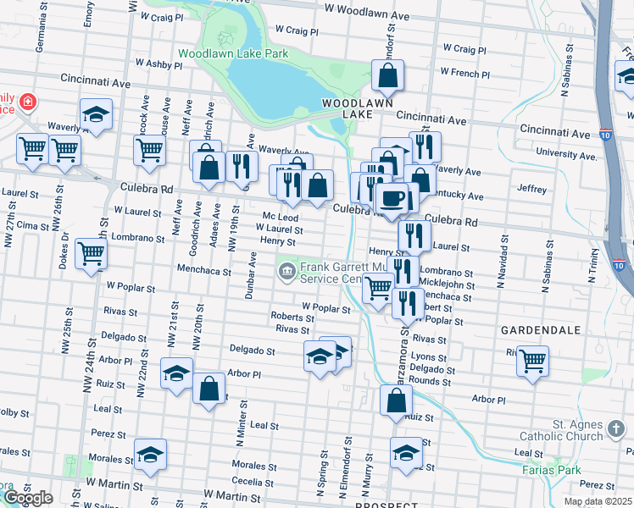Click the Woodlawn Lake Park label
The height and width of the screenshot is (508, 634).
[233, 53]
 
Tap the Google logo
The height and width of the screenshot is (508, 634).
[28, 498]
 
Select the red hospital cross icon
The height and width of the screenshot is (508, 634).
[28, 102]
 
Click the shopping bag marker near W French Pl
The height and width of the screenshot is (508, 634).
[387, 76]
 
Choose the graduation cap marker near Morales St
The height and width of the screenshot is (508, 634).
[150, 456]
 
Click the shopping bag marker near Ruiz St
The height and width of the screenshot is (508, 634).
[396, 400]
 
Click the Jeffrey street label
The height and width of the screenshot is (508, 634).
[531, 189]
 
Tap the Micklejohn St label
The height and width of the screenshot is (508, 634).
[447, 285]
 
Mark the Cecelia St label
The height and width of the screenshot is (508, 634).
[252, 482]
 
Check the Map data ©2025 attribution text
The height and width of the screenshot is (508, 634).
[598, 501]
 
